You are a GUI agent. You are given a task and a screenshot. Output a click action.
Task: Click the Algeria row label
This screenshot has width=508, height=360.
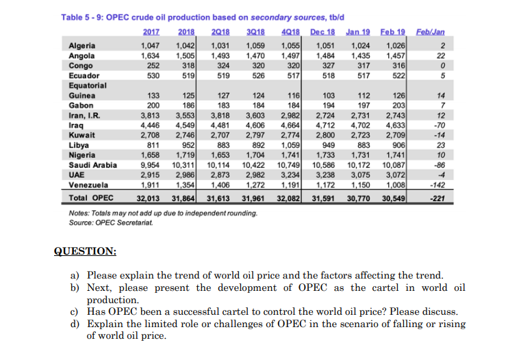(82, 45)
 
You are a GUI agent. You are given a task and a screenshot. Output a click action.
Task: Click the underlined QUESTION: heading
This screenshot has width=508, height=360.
(86, 251)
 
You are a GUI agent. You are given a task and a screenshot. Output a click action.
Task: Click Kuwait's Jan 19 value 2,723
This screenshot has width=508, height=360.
(359, 136)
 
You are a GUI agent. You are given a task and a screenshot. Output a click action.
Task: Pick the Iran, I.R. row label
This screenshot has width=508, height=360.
(85, 116)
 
